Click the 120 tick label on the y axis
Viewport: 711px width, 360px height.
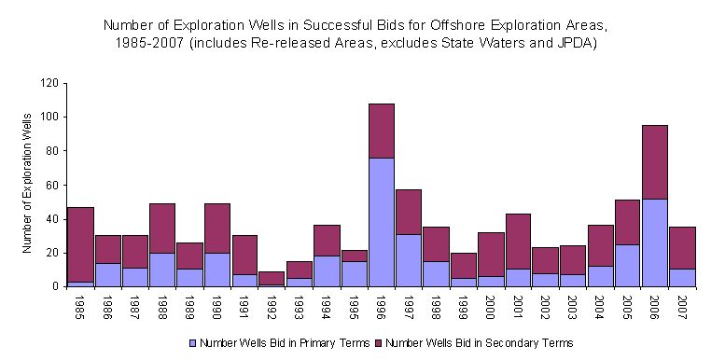49,83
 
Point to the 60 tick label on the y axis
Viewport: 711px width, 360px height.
52,185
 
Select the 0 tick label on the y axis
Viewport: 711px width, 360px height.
55,286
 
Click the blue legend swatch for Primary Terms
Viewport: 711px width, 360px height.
192,343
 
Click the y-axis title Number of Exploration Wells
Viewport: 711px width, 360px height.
27,186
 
